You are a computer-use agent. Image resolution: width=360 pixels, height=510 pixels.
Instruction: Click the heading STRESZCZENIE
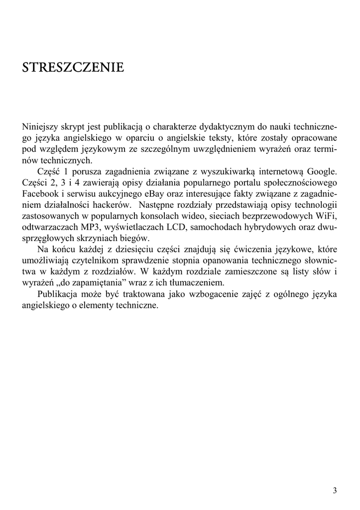pyautogui.click(x=73, y=68)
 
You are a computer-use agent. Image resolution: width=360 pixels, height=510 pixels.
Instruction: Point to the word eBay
pyautogui.click(x=141, y=193)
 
